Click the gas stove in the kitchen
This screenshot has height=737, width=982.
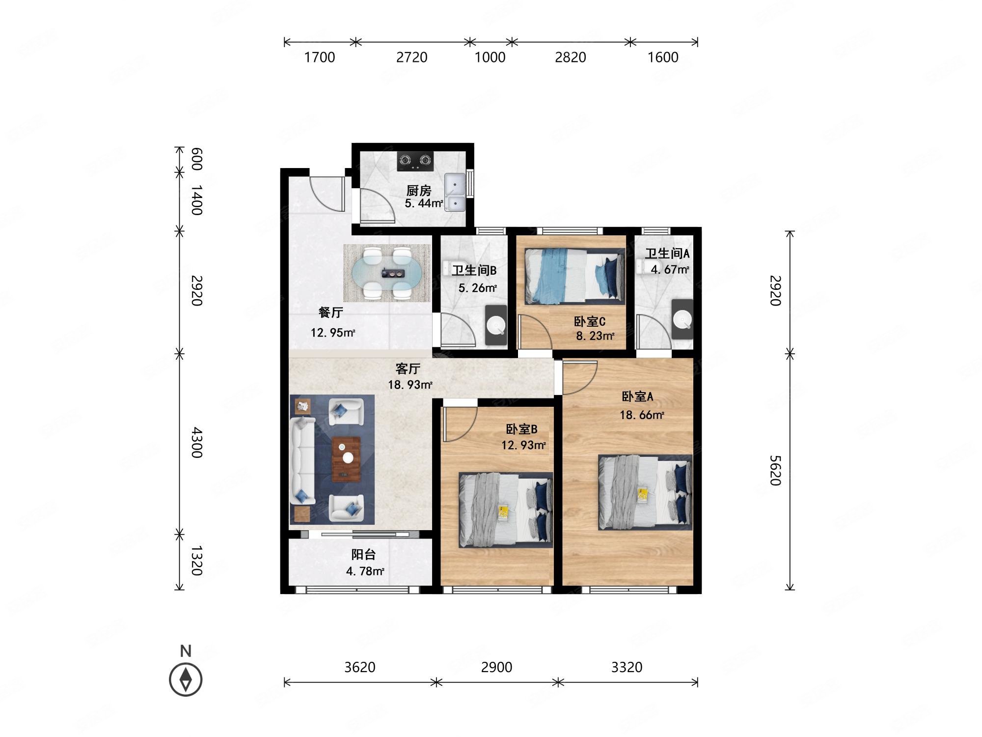pyautogui.click(x=415, y=161)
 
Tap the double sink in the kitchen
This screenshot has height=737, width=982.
pyautogui.click(x=455, y=193)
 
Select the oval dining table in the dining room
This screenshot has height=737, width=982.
pyautogui.click(x=387, y=273)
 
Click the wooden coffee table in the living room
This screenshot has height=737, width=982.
pyautogui.click(x=347, y=459)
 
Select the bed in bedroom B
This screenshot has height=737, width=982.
pyautogui.click(x=506, y=510)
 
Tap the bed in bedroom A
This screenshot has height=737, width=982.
pyautogui.click(x=645, y=492)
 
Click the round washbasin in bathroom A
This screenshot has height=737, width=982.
pyautogui.click(x=682, y=320)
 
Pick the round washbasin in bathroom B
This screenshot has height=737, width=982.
pyautogui.click(x=496, y=325)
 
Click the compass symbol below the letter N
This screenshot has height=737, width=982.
pyautogui.click(x=186, y=680)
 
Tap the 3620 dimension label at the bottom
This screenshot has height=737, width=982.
pyautogui.click(x=360, y=667)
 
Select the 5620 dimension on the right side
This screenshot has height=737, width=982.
pyautogui.click(x=775, y=470)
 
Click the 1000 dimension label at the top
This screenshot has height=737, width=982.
pyautogui.click(x=490, y=57)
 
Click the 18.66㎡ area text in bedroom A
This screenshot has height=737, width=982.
pyautogui.click(x=642, y=415)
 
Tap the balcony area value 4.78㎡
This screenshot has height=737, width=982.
pyautogui.click(x=365, y=571)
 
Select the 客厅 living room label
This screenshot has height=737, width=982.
pyautogui.click(x=408, y=368)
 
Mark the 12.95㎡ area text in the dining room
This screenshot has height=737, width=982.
pyautogui.click(x=332, y=333)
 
